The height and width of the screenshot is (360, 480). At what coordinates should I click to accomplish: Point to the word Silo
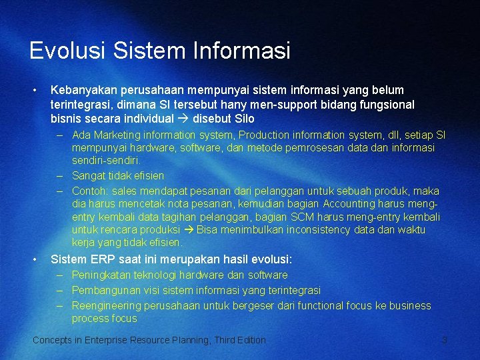coord(244,119)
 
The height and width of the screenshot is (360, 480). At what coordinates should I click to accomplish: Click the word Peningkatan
coord(103,275)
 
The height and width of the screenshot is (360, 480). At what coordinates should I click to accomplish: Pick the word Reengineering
coord(107,306)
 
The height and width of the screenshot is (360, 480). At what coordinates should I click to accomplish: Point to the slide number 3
coord(445,341)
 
